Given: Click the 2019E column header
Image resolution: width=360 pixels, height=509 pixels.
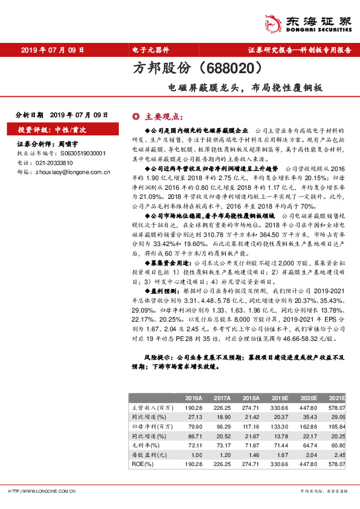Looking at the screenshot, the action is (x=280, y=398).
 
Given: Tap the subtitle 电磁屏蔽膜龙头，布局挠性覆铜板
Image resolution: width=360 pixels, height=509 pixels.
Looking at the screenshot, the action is (x=245, y=87).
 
